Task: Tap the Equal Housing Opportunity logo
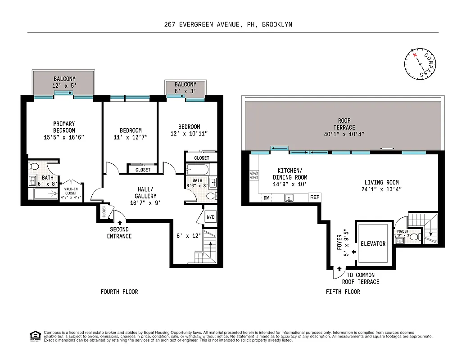(x=34, y=335)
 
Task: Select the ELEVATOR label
(x=373, y=243)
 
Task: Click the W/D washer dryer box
(x=211, y=217)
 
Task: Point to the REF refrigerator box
(x=314, y=197)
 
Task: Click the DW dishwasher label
(x=266, y=198)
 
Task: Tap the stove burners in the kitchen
(x=254, y=175)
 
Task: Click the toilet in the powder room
(x=416, y=236)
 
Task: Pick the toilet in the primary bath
(x=33, y=166)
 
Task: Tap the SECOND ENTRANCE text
(x=119, y=233)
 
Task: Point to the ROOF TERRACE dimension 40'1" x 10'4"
(x=344, y=134)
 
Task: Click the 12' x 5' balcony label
(x=64, y=86)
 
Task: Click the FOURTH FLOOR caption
(x=119, y=292)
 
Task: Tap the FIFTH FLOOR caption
(x=343, y=292)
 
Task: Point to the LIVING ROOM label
(x=381, y=182)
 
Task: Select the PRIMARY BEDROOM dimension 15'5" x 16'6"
(x=64, y=137)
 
